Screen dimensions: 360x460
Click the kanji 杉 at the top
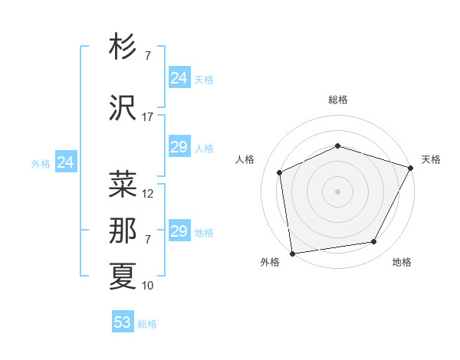coord(123,47)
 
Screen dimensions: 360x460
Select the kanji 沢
coord(123,109)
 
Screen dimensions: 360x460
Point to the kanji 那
coord(123,231)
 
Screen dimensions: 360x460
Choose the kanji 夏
coord(123,277)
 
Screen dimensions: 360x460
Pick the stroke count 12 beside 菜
coord(148,194)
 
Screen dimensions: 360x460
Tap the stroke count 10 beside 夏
coord(148,286)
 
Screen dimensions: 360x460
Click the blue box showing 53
coord(123,322)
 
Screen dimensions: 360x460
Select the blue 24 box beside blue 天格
coord(179,78)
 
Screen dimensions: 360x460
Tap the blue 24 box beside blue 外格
coord(66,162)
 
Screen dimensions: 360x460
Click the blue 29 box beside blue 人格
coord(179,148)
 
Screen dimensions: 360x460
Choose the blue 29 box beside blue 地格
coord(179,231)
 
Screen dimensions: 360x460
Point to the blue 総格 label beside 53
coord(147,324)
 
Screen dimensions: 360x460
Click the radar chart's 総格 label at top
coord(338,100)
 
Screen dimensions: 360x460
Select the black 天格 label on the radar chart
coord(431,159)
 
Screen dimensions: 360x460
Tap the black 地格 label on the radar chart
coord(402,262)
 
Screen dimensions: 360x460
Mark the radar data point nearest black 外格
coord(292,253)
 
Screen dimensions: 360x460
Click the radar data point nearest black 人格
coord(280,172)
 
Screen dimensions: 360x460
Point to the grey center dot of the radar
coord(338,191)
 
